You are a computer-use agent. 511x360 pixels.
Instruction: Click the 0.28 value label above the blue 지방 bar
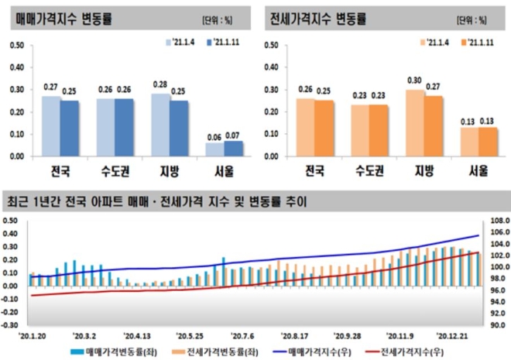pyautogui.click(x=161, y=84)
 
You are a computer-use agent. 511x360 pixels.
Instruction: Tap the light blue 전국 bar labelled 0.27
pyautogui.click(x=50, y=125)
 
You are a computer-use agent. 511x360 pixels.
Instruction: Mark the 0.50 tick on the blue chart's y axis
pyautogui.click(x=16, y=46)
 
